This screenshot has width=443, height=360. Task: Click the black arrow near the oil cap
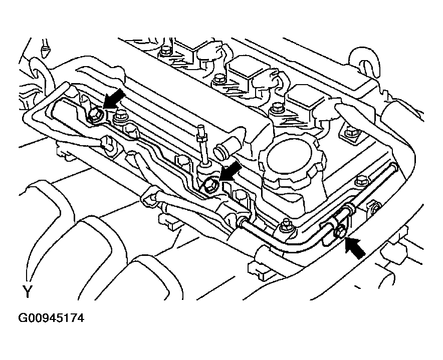230,174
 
